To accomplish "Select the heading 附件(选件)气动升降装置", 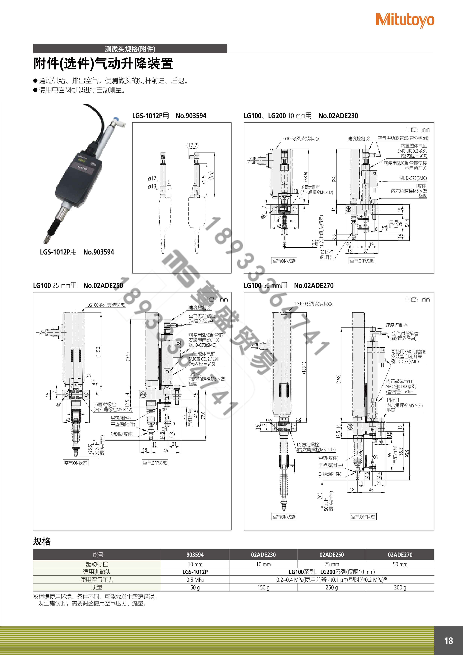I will click(103, 63).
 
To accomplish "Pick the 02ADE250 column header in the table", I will click(332, 555).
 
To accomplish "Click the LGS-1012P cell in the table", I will click(195, 572).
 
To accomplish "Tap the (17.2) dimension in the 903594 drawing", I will click(192, 145).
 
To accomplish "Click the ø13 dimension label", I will click(152, 186).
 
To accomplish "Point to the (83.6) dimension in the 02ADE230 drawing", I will click(306, 177).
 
